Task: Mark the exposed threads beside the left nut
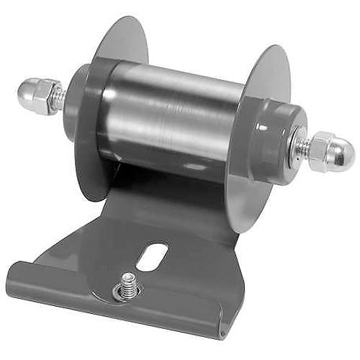click(x=60, y=96)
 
